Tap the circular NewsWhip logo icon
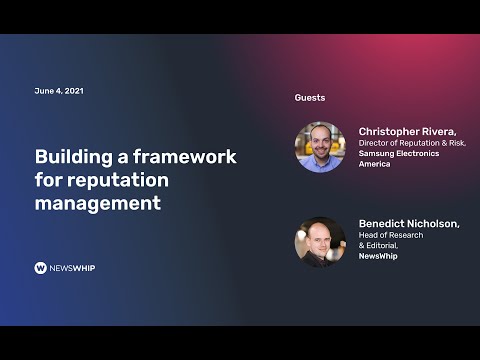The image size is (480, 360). click(x=41, y=268)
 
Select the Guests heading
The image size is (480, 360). click(x=309, y=98)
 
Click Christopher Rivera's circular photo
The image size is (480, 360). click(x=319, y=147)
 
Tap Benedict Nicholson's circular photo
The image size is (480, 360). click(x=319, y=241)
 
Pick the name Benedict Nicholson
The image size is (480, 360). click(x=408, y=223)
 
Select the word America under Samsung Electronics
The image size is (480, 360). click(x=374, y=164)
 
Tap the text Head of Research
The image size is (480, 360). click(x=390, y=235)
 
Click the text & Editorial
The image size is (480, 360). click(x=379, y=245)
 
